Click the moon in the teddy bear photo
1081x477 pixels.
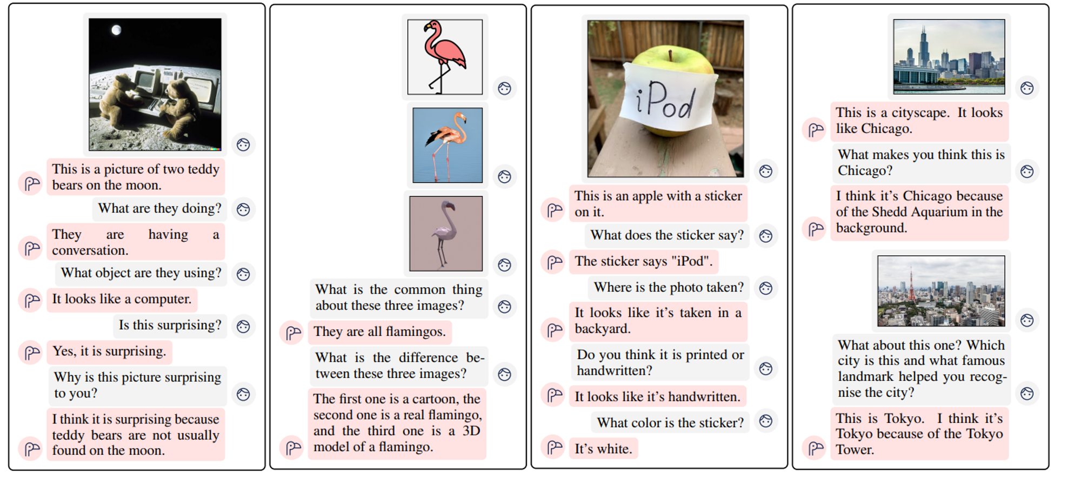116,30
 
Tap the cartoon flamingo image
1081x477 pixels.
445,57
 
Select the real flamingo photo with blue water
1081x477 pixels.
448,145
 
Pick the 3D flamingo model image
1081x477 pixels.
446,233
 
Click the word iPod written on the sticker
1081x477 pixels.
665,101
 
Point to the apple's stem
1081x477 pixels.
670,55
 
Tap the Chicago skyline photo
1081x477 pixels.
949,57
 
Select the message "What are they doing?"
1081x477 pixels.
159,209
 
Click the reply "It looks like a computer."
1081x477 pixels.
122,299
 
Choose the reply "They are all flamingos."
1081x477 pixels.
380,332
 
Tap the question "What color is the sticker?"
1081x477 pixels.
670,422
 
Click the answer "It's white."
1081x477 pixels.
603,449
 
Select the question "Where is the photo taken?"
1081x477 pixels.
669,287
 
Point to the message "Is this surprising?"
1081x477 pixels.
170,325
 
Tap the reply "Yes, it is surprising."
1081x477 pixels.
109,352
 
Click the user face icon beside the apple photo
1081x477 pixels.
766,171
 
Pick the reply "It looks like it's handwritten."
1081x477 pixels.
657,396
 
